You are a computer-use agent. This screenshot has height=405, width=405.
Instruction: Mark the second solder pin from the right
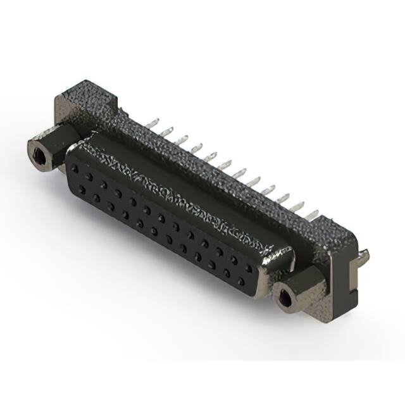297,206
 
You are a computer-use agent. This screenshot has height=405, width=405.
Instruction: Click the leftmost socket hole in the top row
75,170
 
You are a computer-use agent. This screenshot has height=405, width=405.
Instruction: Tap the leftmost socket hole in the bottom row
82,189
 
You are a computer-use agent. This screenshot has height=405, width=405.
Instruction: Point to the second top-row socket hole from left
89,177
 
